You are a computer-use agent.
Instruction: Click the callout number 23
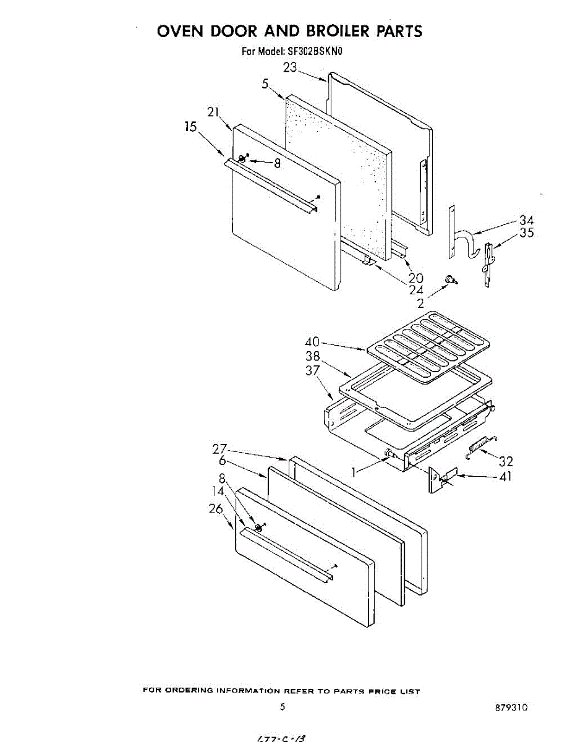click(291, 67)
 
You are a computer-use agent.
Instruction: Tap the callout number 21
click(214, 112)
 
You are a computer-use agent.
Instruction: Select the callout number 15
click(190, 127)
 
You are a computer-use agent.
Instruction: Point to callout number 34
click(526, 220)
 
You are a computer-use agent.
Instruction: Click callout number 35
click(526, 233)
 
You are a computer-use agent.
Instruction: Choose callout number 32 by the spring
click(506, 461)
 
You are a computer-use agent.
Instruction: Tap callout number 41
click(505, 477)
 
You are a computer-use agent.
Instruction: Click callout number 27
click(219, 449)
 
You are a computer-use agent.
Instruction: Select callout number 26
click(215, 509)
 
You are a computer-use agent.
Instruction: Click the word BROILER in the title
click(330, 31)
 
